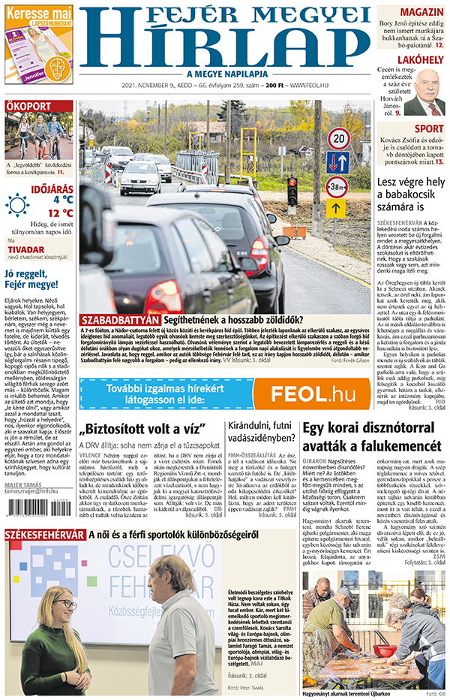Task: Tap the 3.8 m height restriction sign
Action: (337, 187)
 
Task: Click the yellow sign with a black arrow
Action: (335, 208)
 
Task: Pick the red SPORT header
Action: (428, 129)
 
